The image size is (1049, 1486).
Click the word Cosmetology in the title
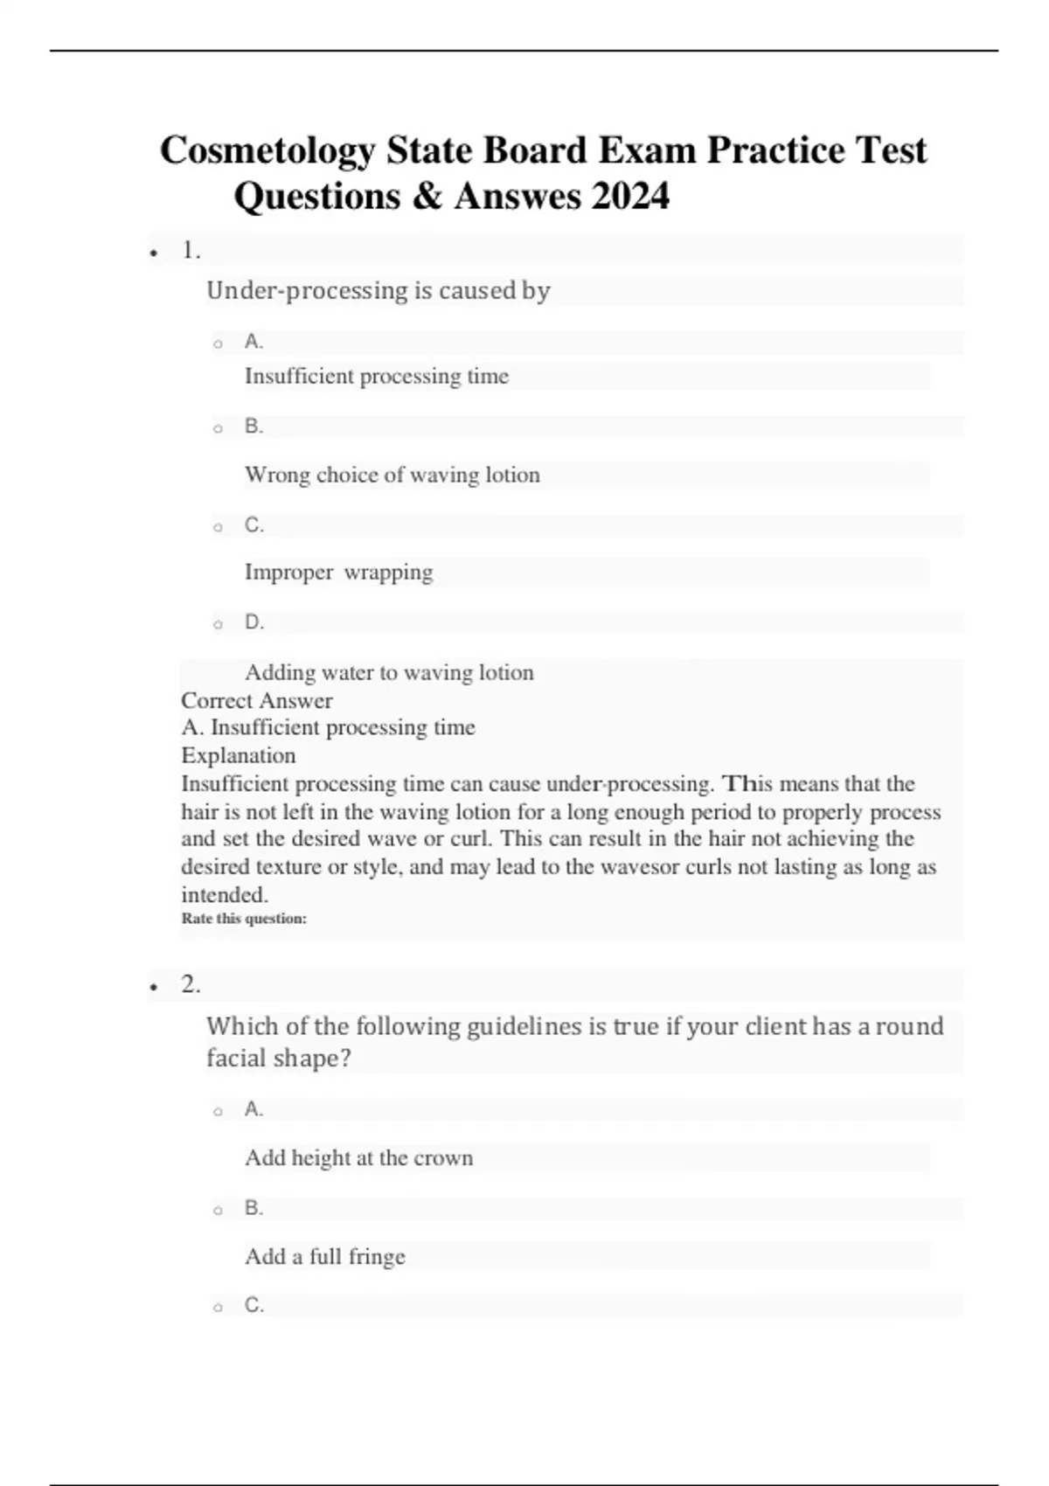pyautogui.click(x=267, y=150)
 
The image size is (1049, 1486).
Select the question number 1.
pyautogui.click(x=191, y=251)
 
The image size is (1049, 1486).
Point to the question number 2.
pyautogui.click(x=191, y=985)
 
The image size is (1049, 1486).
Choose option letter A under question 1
pyautogui.click(x=254, y=342)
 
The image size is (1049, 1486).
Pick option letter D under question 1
pyautogui.click(x=254, y=622)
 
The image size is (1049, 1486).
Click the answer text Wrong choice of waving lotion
pyautogui.click(x=392, y=475)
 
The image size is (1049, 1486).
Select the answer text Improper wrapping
pyautogui.click(x=338, y=572)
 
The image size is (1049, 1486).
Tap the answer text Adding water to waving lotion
pyautogui.click(x=389, y=672)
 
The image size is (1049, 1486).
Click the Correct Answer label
pyautogui.click(x=256, y=700)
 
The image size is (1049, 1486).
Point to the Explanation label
pyautogui.click(x=238, y=755)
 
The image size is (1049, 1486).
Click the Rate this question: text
pyautogui.click(x=244, y=919)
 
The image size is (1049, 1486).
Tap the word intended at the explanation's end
pyautogui.click(x=223, y=894)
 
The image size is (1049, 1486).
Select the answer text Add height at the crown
pyautogui.click(x=358, y=1157)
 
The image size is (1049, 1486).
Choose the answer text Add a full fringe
pyautogui.click(x=325, y=1256)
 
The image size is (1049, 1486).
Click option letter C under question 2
pyautogui.click(x=254, y=1305)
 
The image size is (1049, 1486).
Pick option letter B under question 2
pyautogui.click(x=254, y=1208)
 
